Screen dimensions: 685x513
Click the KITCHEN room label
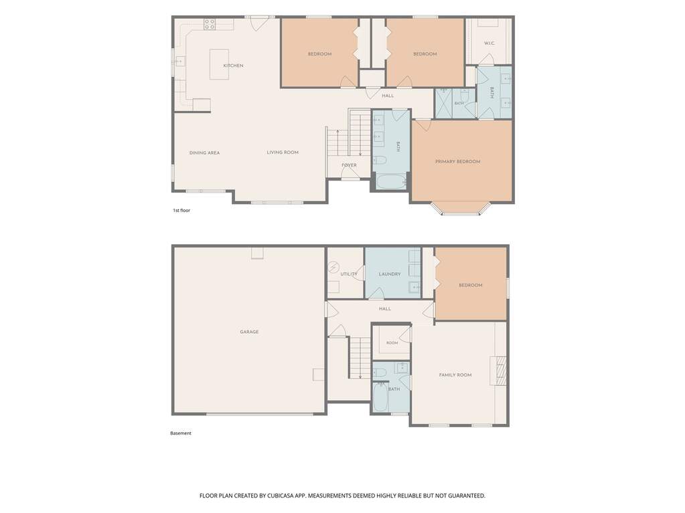(x=233, y=66)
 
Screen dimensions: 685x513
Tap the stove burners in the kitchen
(x=210, y=24)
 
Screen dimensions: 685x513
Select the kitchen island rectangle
(x=220, y=64)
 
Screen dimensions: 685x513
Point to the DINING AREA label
(x=204, y=152)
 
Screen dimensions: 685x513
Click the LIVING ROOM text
(x=283, y=152)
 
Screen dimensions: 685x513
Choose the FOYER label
(x=349, y=165)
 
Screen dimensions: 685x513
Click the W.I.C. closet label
(x=489, y=43)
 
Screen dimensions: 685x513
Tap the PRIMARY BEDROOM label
(x=458, y=161)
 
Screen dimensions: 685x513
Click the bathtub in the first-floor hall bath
(x=390, y=182)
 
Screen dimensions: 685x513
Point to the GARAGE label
(x=249, y=332)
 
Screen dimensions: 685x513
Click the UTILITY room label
(x=349, y=274)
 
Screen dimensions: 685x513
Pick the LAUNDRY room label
(x=390, y=274)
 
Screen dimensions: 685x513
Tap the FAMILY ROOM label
(x=455, y=375)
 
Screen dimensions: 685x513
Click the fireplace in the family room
(x=498, y=371)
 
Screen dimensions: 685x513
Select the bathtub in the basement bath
(x=380, y=397)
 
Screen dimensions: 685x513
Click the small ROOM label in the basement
(x=392, y=343)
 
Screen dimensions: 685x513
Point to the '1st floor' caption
(x=181, y=210)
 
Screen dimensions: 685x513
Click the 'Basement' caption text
(x=181, y=433)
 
